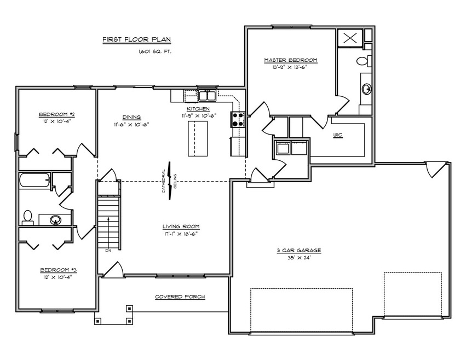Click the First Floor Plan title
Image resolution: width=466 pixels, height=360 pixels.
[x=137, y=39]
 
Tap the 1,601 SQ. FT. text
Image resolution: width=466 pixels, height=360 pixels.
[x=154, y=51]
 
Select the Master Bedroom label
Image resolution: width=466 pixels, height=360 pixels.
[x=291, y=60]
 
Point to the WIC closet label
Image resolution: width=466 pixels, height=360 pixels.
[x=338, y=135]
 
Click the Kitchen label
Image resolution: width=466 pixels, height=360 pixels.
[x=198, y=109]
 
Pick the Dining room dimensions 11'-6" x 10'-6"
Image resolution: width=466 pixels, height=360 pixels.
[x=131, y=124]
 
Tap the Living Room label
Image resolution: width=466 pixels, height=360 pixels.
[x=181, y=227]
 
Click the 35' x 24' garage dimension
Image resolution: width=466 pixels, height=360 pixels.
[x=298, y=258]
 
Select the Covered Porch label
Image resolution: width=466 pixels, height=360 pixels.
[x=180, y=297]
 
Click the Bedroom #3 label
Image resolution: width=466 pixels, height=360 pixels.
[x=58, y=270]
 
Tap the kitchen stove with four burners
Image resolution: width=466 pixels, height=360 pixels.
[x=238, y=119]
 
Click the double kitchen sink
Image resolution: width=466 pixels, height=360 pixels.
[x=207, y=96]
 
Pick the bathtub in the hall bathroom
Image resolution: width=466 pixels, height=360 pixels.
[x=34, y=180]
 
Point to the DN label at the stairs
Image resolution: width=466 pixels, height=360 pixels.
[x=108, y=251]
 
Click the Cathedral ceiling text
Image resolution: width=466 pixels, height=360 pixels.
[x=170, y=181]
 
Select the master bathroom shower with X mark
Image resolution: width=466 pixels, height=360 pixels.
[x=350, y=38]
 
